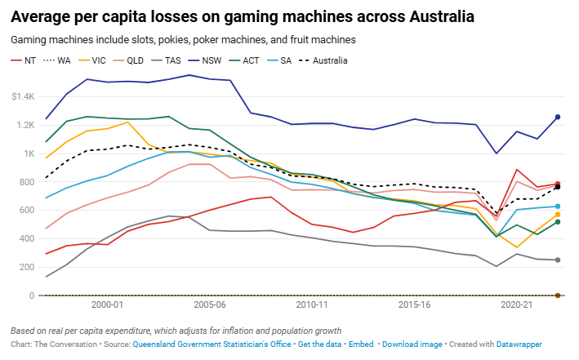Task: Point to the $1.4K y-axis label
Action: pos(22,97)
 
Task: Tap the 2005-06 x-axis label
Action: pos(210,304)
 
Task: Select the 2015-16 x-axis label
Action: pos(415,304)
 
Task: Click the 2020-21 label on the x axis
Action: pos(517,304)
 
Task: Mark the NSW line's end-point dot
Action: pos(558,117)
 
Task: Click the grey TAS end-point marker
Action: pos(558,260)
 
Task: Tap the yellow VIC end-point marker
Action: pos(558,215)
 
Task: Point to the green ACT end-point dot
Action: pos(558,222)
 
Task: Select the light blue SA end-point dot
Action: pos(558,207)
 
